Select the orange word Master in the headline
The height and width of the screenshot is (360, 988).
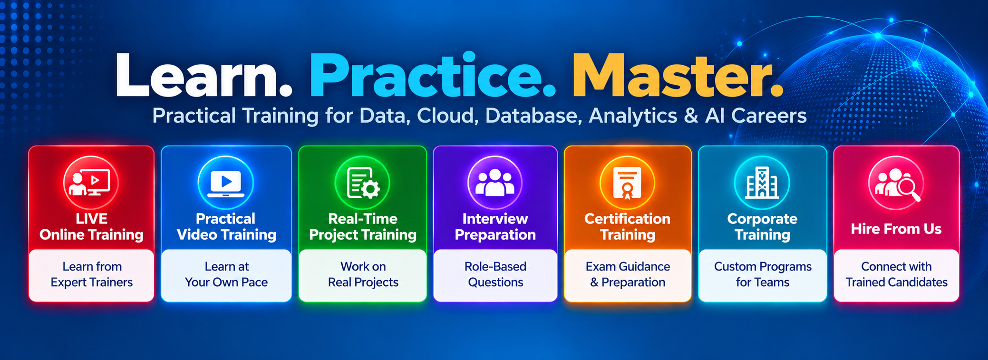tap(670, 75)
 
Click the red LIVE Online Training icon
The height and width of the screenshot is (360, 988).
tap(91, 183)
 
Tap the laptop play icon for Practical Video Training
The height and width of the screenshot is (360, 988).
tap(226, 183)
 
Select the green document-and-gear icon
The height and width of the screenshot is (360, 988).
tap(362, 183)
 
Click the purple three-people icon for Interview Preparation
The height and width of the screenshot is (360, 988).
tap(495, 183)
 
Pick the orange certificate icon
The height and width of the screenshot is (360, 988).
tap(627, 183)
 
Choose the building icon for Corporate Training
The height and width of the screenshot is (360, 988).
tap(762, 183)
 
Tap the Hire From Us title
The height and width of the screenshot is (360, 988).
tap(896, 229)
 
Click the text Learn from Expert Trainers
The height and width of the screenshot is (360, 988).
tap(92, 274)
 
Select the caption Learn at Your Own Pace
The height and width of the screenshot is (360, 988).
tap(226, 274)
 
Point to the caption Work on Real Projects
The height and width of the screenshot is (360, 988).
tap(363, 274)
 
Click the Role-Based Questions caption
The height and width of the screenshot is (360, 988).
tap(495, 274)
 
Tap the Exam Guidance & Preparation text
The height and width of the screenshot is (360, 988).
tap(628, 274)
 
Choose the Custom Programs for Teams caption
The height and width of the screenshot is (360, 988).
tap(763, 274)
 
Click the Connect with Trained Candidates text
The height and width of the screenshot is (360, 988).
tap(896, 274)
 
